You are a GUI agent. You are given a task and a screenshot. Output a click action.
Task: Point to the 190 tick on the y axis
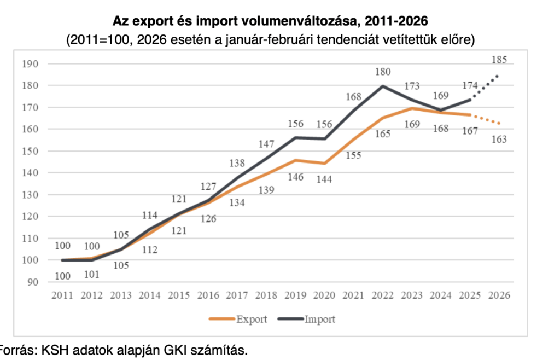point(32,64)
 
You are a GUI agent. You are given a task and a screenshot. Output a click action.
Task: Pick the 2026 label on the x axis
point(499,295)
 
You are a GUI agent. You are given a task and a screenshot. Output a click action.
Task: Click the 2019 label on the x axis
point(295,295)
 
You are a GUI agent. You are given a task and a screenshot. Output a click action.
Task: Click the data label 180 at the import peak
point(383,72)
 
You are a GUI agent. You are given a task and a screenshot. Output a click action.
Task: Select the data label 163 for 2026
point(499,139)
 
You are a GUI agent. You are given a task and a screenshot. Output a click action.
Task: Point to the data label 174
point(469,85)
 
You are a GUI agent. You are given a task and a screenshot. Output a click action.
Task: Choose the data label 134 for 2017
point(237,202)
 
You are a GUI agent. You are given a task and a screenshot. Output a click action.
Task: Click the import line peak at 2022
point(383,86)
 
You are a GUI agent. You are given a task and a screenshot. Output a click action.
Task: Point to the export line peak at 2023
point(412,108)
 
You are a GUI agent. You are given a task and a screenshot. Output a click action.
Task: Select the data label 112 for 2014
point(149,251)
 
